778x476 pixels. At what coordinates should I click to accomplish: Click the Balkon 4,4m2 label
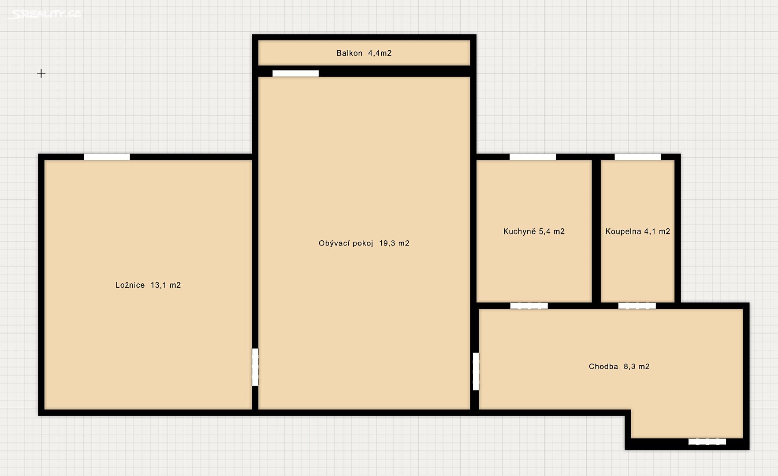[364, 53]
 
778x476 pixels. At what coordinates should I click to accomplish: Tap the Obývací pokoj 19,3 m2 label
[364, 243]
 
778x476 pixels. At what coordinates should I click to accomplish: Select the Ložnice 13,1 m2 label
[148, 285]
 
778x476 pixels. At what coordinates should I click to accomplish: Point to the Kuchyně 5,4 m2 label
[534, 231]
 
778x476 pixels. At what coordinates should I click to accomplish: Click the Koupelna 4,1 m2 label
[637, 231]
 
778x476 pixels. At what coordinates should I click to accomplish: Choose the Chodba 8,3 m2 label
[619, 366]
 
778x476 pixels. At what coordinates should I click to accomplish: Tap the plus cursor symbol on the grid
[41, 73]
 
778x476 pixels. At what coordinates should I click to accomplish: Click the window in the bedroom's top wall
[107, 157]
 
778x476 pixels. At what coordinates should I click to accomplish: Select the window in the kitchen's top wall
[532, 157]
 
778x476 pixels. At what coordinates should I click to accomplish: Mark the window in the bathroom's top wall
[637, 157]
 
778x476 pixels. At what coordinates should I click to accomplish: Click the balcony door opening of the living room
[295, 74]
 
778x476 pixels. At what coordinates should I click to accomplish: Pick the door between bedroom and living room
[255, 367]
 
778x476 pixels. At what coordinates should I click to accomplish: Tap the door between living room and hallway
[476, 371]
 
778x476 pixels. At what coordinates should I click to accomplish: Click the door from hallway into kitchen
[529, 306]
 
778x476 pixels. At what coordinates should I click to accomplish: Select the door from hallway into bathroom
[637, 306]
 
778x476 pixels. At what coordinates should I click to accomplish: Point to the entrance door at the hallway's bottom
[707, 441]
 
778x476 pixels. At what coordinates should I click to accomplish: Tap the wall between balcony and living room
[364, 71]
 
